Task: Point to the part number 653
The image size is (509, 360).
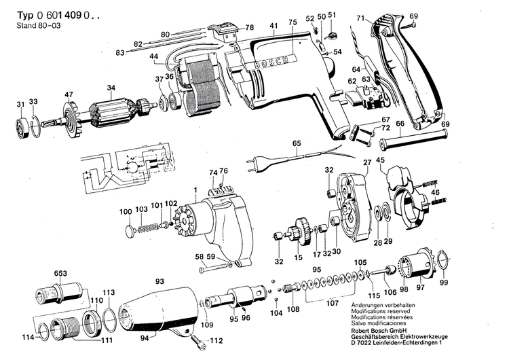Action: tap(60, 273)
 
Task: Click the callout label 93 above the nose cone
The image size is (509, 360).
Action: tap(159, 281)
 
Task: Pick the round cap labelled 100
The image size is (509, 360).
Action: tap(130, 232)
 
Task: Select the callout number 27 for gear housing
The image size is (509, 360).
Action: tap(367, 162)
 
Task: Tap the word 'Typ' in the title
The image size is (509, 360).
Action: tap(23, 14)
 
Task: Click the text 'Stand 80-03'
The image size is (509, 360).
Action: tap(33, 26)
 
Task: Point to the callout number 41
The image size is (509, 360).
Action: tap(273, 26)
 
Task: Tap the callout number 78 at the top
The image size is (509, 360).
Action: tap(249, 27)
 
